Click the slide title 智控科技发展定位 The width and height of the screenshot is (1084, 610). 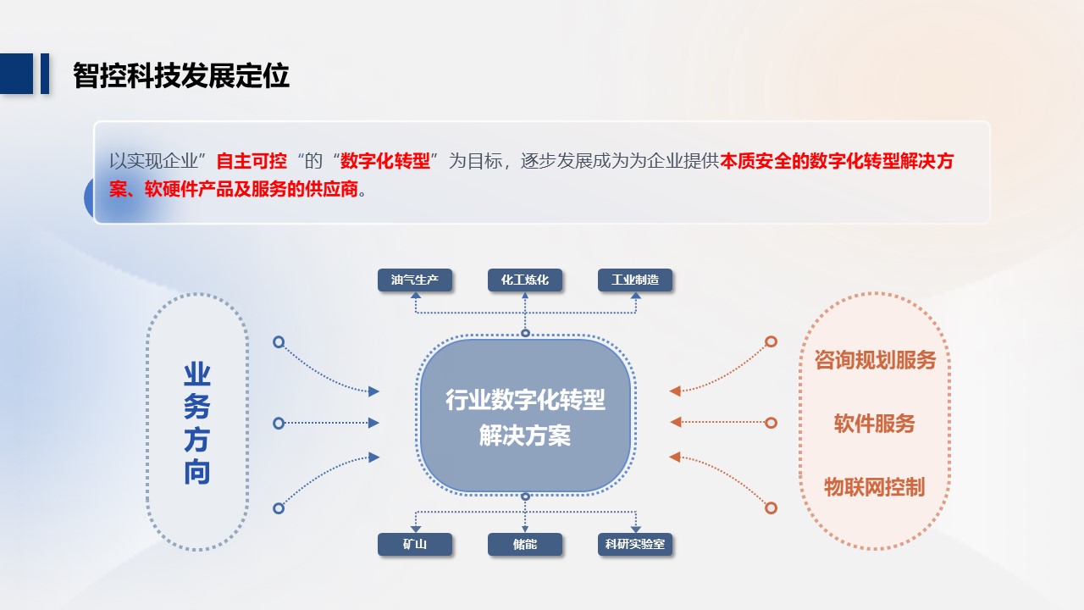point(181,75)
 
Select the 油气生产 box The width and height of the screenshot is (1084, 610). point(415,280)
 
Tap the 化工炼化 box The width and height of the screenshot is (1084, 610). point(525,280)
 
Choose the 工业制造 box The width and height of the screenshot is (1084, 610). point(635,280)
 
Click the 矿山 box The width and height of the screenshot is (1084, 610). point(415,544)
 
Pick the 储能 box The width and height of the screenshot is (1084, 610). point(525,544)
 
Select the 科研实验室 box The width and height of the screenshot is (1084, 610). point(635,544)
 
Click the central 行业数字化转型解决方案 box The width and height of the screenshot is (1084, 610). point(525,415)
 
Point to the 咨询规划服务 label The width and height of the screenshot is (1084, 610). point(875,360)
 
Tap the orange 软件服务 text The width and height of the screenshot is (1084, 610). point(875,424)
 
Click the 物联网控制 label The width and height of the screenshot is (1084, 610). point(875,487)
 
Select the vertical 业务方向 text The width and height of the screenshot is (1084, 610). point(197,423)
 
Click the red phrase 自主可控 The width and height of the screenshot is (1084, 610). point(252,161)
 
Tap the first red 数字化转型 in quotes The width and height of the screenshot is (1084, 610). point(384,161)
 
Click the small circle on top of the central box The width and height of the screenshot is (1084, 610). point(525,333)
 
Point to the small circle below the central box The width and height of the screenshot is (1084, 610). point(525,496)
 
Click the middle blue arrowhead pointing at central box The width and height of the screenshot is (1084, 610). point(373,423)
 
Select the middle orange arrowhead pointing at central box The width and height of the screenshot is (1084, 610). point(676,422)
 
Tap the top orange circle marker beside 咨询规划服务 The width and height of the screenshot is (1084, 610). point(771,341)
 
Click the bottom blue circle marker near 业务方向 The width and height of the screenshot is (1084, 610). point(279,508)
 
